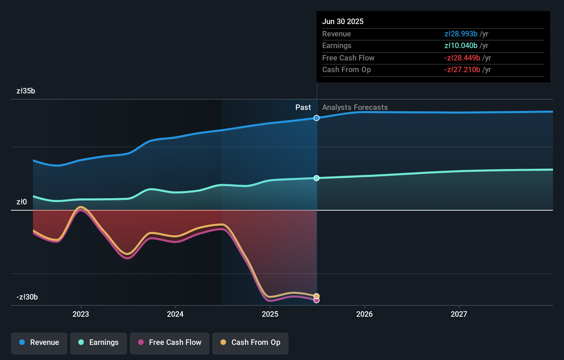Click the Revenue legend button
point(39,343)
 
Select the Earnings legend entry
point(99,343)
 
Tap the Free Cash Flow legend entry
point(170,343)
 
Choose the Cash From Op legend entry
point(250,343)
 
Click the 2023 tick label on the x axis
point(81,314)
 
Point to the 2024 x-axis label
point(175,314)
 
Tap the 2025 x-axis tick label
point(270,314)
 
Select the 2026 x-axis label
point(364,314)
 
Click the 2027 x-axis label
point(459,314)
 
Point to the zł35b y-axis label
point(26,91)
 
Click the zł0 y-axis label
point(22,202)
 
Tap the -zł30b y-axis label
point(27,297)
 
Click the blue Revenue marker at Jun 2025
point(317,118)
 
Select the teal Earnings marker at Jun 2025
point(317,178)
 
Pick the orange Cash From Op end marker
point(317,296)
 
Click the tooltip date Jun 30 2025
point(343,22)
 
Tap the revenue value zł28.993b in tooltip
point(461,34)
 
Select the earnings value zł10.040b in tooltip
point(461,46)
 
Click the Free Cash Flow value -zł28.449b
point(462,58)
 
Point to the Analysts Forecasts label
point(355,108)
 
